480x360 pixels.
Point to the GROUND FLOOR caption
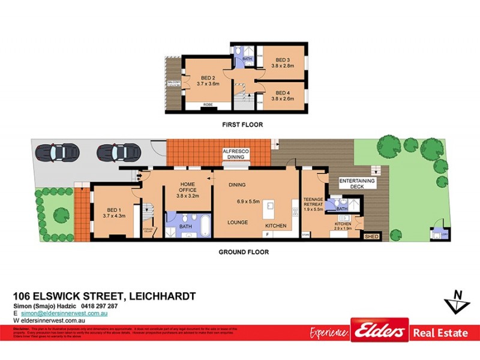pyautogui.click(x=243, y=252)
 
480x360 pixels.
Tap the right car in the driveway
pyautogui.click(x=115, y=152)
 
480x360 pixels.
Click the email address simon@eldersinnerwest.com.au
pyautogui.click(x=64, y=313)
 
